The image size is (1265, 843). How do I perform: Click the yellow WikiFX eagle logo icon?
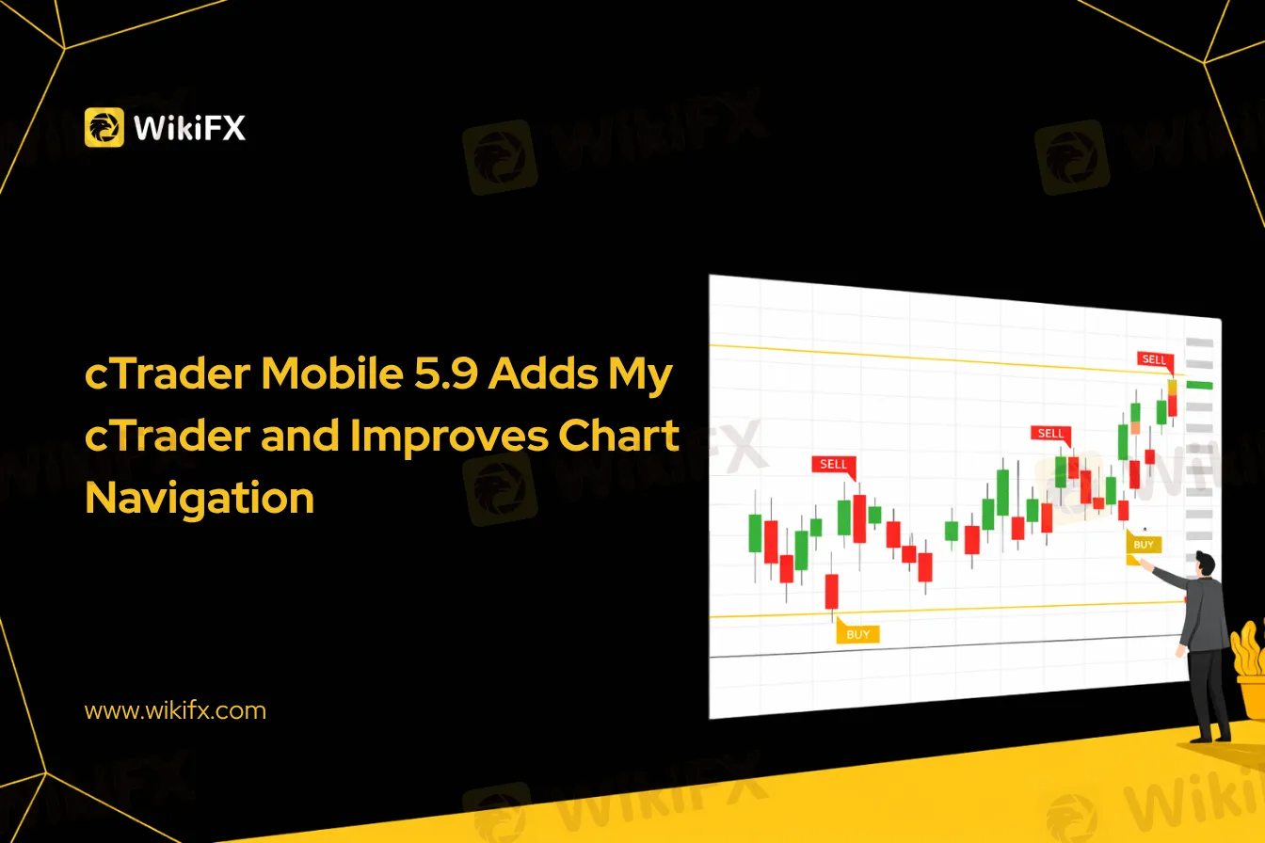[104, 127]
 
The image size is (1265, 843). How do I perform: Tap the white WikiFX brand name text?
[189, 128]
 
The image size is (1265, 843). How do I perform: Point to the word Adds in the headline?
[543, 374]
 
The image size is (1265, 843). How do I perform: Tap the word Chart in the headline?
[618, 435]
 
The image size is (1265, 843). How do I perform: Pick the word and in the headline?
[299, 436]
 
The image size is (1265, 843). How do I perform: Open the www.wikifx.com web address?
[175, 711]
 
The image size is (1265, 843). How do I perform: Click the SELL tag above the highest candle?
[1155, 359]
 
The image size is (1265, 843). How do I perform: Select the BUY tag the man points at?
[1145, 544]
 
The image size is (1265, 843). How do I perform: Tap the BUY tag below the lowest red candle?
[857, 633]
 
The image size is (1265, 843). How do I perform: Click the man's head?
[1205, 564]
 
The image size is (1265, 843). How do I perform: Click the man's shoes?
[1210, 737]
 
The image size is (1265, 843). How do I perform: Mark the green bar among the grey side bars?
[1199, 385]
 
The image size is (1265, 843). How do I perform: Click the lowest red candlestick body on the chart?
[832, 592]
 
